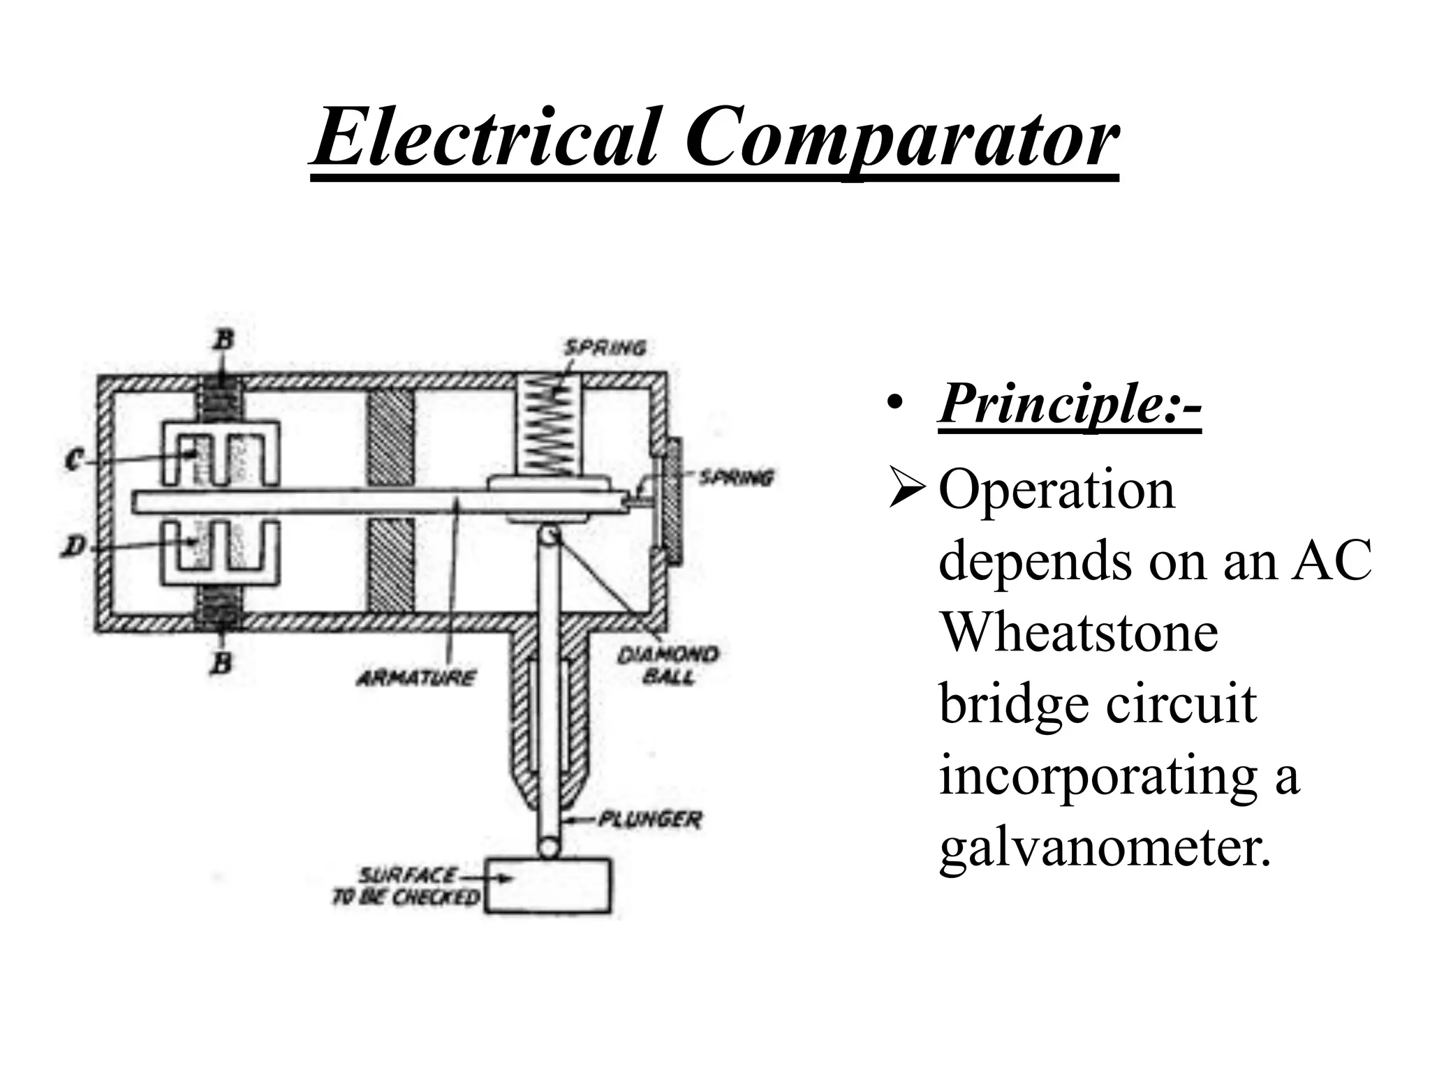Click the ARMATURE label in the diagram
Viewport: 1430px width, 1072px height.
click(416, 677)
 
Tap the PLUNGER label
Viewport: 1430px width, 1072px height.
click(649, 819)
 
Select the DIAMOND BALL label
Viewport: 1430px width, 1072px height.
click(668, 665)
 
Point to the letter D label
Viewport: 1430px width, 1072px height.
click(72, 548)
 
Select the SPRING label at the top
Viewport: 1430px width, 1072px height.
click(605, 347)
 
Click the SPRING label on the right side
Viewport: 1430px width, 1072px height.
click(736, 478)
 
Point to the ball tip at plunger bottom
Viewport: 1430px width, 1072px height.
click(547, 848)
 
